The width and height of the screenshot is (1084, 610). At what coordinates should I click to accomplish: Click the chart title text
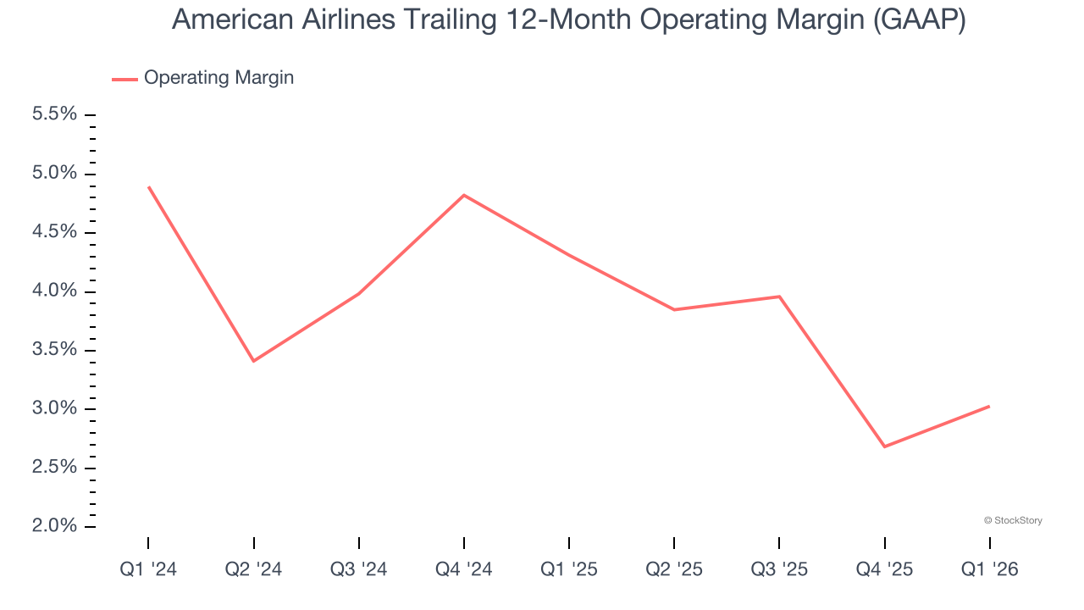[568, 19]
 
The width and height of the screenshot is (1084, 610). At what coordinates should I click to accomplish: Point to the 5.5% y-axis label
[54, 114]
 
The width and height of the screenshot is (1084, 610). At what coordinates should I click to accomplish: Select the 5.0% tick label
[54, 174]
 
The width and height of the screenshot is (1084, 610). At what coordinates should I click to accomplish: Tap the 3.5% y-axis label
[54, 350]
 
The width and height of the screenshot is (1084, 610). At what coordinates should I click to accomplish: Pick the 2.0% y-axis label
[54, 526]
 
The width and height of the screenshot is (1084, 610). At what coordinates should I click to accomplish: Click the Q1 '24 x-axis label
[148, 569]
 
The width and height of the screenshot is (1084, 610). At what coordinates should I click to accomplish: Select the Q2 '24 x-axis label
[253, 569]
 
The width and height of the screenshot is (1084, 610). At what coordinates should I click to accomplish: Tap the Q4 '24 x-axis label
[464, 569]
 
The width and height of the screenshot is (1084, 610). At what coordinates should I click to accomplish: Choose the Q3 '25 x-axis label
[779, 569]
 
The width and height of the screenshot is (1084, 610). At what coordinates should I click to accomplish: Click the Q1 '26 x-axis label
[989, 569]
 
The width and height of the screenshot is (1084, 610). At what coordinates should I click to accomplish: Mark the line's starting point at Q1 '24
[148, 186]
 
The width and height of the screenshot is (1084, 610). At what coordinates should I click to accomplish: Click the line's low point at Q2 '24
[253, 361]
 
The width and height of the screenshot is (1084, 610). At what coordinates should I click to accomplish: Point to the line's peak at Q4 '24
[464, 195]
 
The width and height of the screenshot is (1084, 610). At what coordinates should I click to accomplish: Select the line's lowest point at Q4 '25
[884, 446]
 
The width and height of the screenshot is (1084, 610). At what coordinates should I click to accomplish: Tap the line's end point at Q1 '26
[989, 406]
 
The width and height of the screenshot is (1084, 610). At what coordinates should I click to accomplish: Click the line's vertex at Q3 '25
[779, 297]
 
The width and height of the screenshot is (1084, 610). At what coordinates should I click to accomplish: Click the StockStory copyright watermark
[1013, 520]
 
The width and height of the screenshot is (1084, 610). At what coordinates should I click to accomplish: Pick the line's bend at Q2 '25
[674, 309]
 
